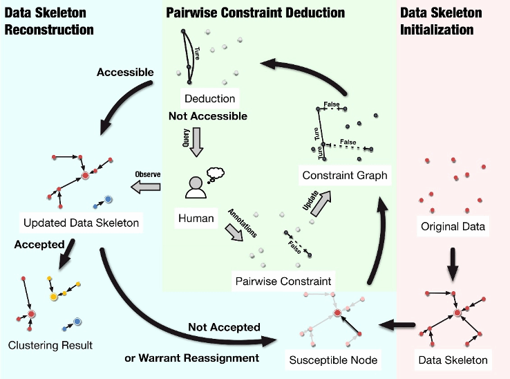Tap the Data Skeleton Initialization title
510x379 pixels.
(442, 21)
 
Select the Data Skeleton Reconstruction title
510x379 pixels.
(49, 21)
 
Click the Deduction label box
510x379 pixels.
(210, 98)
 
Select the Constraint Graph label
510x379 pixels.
(345, 176)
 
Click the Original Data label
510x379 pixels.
(453, 226)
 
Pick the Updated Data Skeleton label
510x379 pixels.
(81, 223)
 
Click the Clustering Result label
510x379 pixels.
(50, 344)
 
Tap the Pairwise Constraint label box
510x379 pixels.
(283, 281)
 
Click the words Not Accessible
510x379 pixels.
(207, 116)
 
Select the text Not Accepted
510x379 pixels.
(224, 326)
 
